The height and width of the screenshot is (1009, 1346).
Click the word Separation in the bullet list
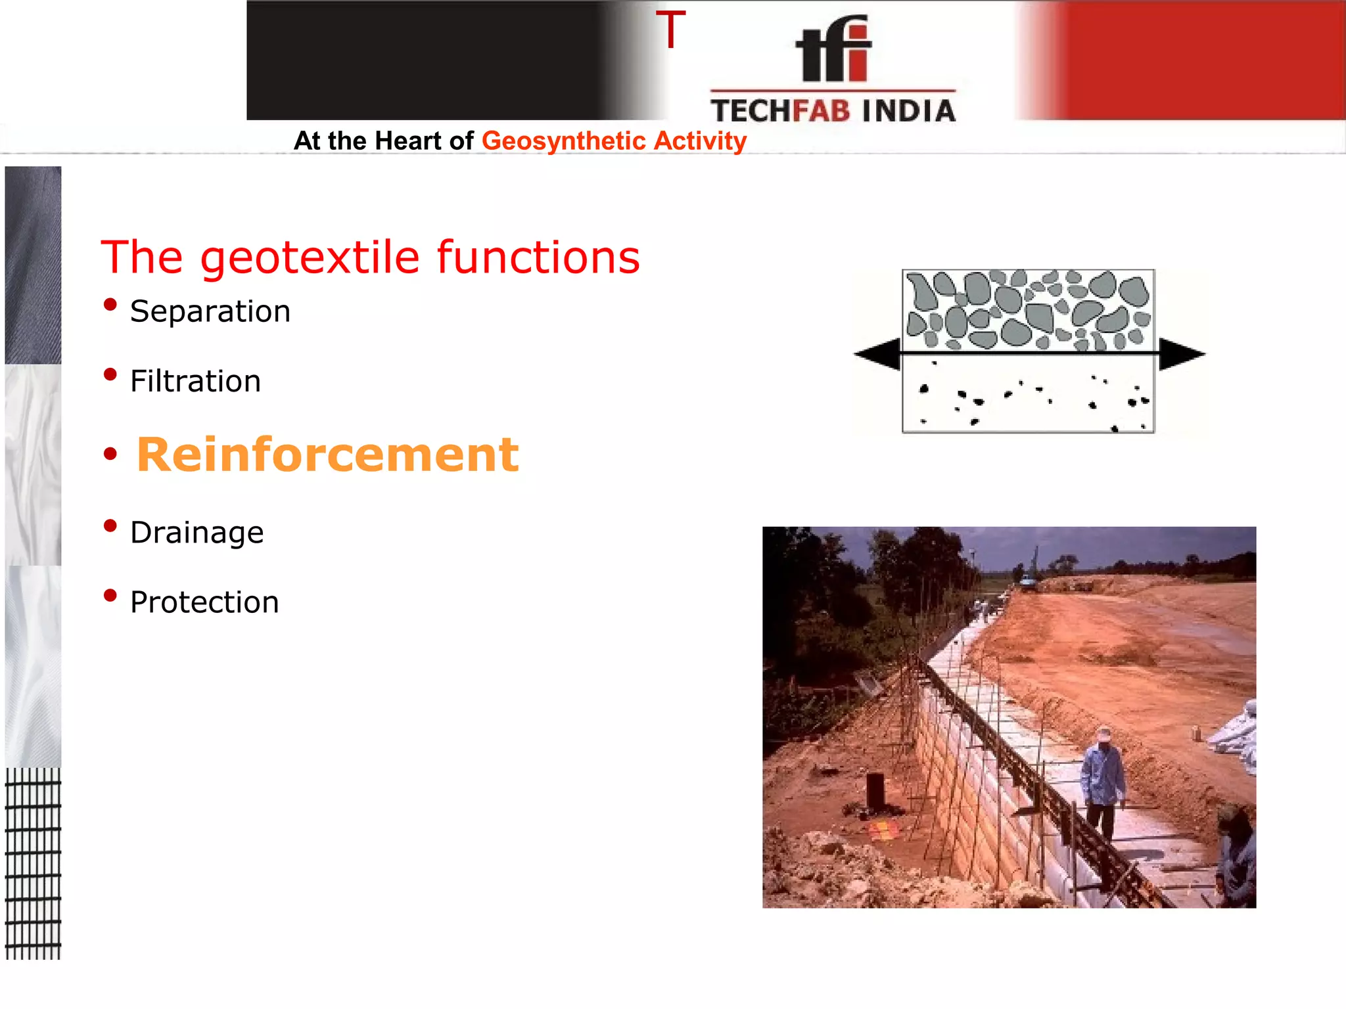(x=210, y=311)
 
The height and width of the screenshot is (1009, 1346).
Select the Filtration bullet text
(x=195, y=381)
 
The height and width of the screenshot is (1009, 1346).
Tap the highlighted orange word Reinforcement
(x=327, y=455)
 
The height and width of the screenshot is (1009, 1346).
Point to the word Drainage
(x=197, y=532)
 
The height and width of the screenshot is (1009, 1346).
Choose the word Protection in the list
(x=204, y=602)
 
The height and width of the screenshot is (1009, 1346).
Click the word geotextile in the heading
(x=310, y=257)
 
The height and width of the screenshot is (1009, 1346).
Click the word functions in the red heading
(x=538, y=257)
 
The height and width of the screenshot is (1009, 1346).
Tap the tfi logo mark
(x=833, y=49)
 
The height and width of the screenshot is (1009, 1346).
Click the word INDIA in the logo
(x=908, y=111)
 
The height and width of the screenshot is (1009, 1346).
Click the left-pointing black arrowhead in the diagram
(x=877, y=354)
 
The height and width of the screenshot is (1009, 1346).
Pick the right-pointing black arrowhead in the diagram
(x=1181, y=354)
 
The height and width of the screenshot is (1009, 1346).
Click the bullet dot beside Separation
(x=110, y=305)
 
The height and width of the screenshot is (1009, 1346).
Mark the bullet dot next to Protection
(x=110, y=595)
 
